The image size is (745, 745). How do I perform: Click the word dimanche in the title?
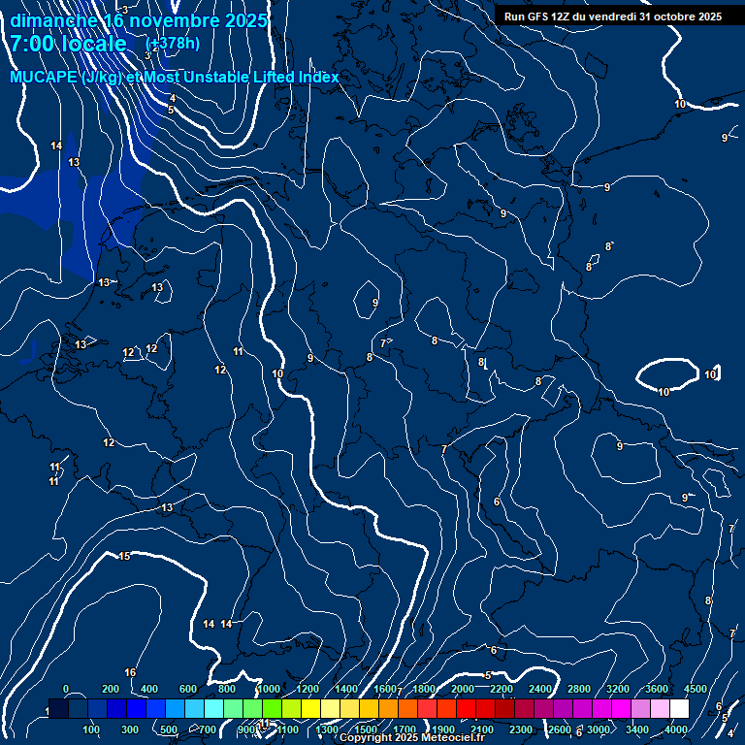(52, 20)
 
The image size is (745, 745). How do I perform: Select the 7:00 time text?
(35, 44)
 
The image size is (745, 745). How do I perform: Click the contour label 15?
(124, 556)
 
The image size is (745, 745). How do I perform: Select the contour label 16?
(130, 672)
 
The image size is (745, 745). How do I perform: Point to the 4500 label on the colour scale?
(695, 689)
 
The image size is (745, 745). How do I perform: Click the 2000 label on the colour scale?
(463, 689)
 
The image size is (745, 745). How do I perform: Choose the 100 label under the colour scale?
(91, 729)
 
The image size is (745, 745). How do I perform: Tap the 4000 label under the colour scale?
(676, 729)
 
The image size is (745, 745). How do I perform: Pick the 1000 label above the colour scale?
(269, 689)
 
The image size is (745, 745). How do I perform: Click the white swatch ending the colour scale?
(679, 709)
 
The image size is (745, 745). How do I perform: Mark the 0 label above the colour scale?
(66, 689)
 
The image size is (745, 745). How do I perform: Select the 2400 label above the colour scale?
(540, 689)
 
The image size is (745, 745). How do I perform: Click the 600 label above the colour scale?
(188, 689)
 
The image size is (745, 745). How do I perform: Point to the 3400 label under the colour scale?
(637, 729)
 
